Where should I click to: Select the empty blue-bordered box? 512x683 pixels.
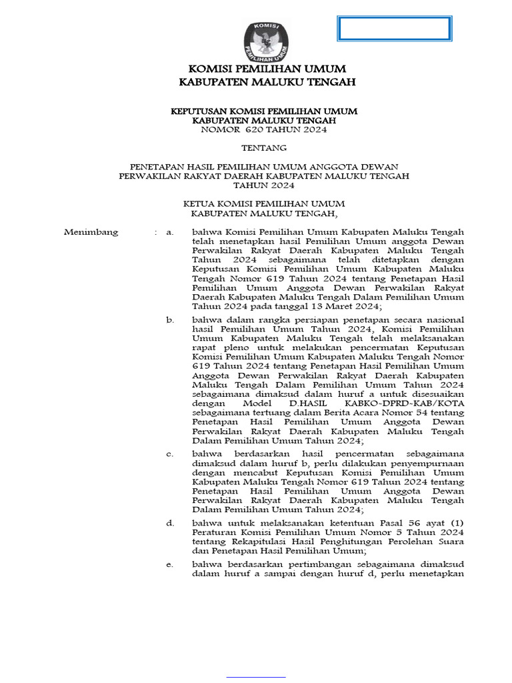point(394,29)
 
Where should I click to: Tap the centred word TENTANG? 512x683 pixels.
point(264,147)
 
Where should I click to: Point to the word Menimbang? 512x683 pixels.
point(91,232)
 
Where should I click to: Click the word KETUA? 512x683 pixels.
point(201,203)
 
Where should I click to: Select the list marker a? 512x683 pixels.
point(170,232)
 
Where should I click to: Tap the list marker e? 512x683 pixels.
point(170,565)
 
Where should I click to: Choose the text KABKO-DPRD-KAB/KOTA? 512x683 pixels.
point(413,404)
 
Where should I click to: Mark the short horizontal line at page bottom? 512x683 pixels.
point(256,677)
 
